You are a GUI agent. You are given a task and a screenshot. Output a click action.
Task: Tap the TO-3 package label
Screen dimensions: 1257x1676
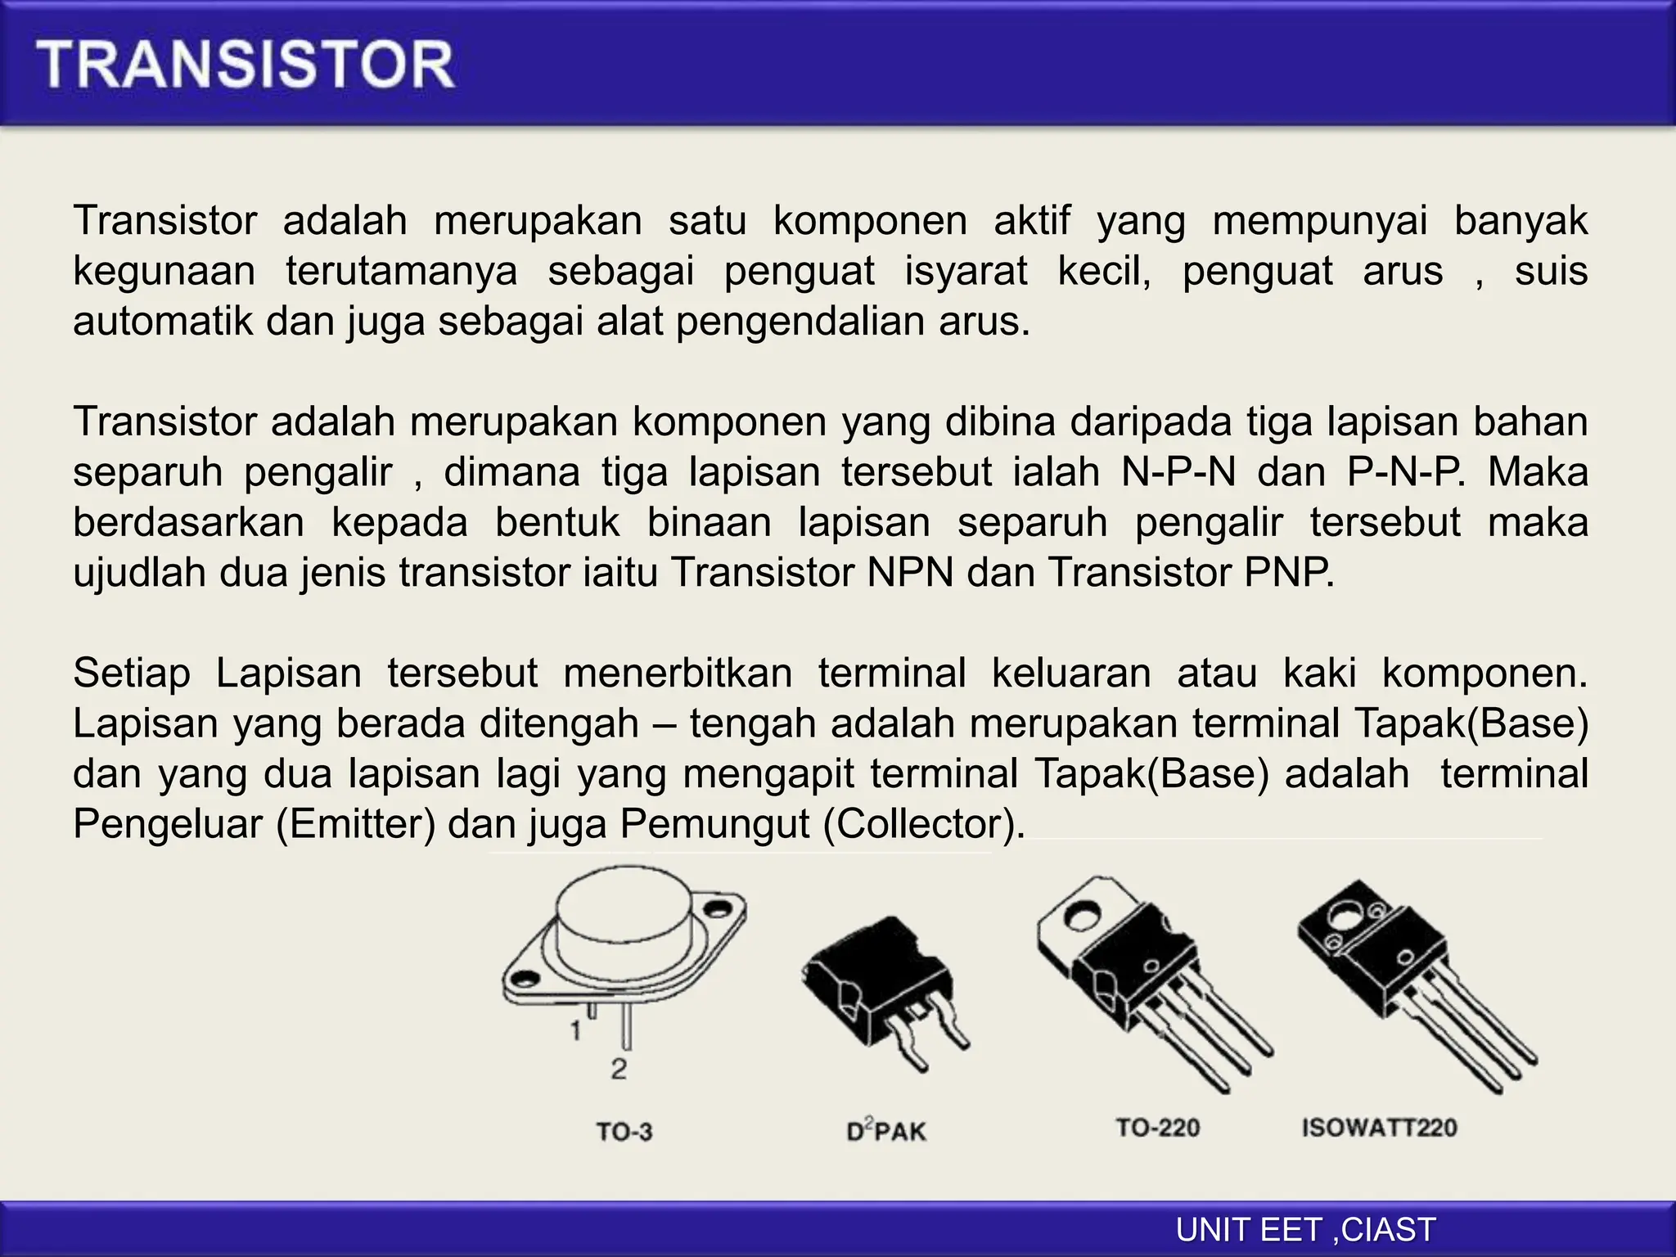[624, 1132]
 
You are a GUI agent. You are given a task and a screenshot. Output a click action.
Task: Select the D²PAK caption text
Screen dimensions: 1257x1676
[886, 1131]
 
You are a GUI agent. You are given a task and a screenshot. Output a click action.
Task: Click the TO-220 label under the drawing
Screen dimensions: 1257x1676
[1157, 1128]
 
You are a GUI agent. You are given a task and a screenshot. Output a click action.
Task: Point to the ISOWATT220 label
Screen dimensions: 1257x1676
[1379, 1128]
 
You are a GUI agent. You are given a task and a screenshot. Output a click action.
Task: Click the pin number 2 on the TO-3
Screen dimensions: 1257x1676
[619, 1069]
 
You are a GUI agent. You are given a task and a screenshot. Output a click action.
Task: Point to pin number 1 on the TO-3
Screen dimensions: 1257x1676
[576, 1029]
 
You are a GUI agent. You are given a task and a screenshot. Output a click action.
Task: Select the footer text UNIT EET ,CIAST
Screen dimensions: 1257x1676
[1305, 1230]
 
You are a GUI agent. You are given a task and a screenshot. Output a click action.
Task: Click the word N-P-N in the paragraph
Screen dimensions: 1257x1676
[1178, 472]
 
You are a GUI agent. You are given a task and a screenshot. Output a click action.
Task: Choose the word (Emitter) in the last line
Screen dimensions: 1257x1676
[355, 824]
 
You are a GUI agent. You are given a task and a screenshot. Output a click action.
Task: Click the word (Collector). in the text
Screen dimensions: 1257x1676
[924, 824]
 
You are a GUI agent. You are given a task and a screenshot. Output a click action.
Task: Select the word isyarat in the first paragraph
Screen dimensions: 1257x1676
[966, 271]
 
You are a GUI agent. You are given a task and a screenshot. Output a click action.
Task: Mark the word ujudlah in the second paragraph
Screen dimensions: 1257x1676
[139, 573]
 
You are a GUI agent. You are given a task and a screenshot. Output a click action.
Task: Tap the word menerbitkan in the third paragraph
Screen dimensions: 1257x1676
[678, 674]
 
